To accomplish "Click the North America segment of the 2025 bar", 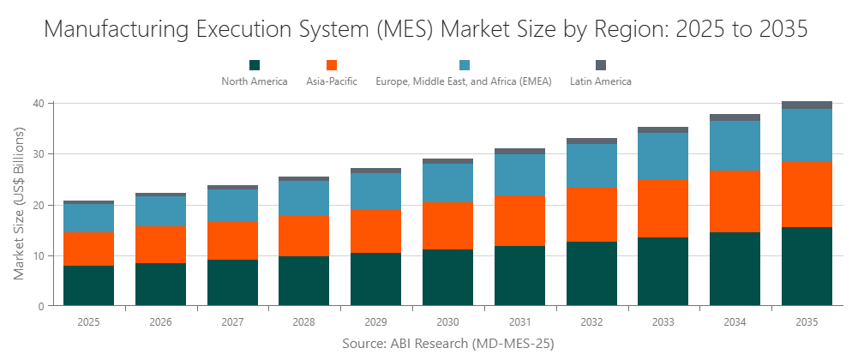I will point(88,285).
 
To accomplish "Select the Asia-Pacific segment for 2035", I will point(807,195).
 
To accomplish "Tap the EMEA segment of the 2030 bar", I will point(447,183).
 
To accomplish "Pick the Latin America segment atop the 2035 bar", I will point(807,105).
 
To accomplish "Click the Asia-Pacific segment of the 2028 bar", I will point(303,236).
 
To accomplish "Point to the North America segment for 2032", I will point(591,273).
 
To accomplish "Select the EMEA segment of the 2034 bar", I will point(735,146).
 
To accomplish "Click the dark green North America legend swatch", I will point(255,65).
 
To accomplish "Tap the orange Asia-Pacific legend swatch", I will point(332,65).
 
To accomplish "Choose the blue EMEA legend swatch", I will point(465,65).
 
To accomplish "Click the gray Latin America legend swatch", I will point(601,65).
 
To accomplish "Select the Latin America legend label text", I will point(601,81).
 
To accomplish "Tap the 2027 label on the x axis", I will point(232,322).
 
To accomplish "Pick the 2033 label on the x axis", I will point(663,322).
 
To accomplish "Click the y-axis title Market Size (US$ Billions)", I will point(20,203).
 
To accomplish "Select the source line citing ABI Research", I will point(447,344).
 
